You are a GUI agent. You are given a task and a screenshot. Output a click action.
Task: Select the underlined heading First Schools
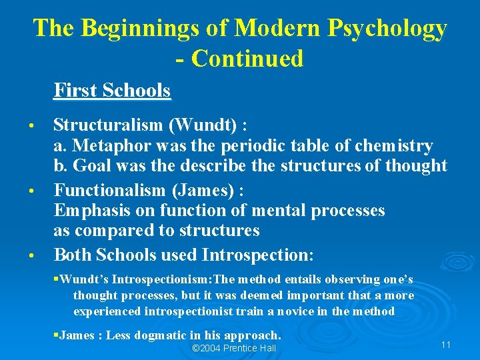pyautogui.click(x=112, y=90)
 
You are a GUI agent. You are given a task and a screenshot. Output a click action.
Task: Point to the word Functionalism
pyautogui.click(x=111, y=190)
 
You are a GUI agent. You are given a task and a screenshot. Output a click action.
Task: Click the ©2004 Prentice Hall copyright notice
pyautogui.click(x=234, y=349)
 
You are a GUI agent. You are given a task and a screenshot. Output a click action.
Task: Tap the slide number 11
pyautogui.click(x=446, y=345)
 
